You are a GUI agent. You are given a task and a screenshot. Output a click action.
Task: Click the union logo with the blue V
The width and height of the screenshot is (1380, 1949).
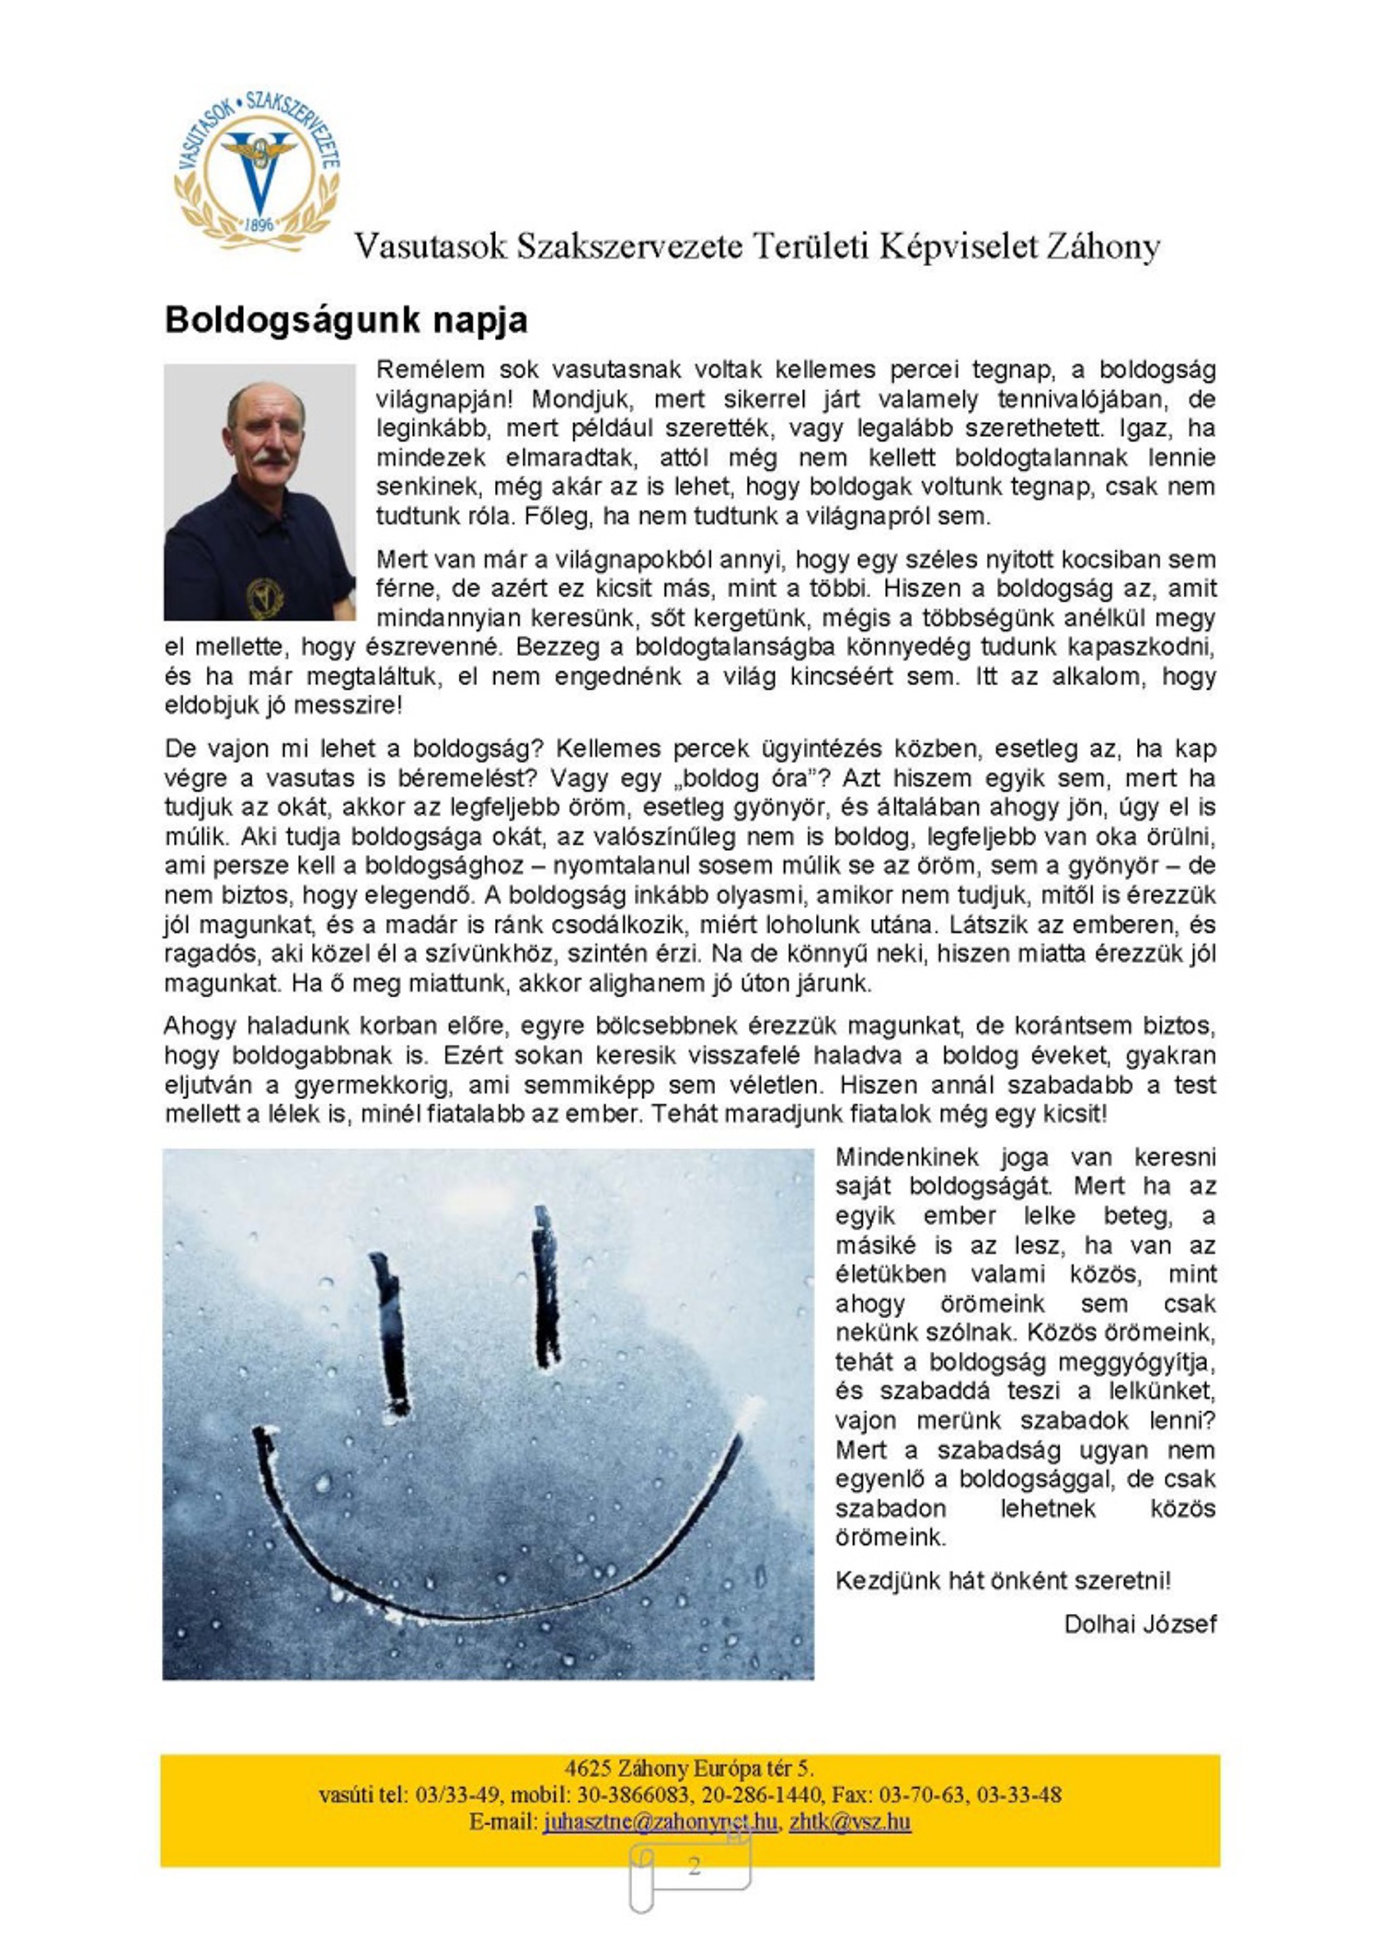258,169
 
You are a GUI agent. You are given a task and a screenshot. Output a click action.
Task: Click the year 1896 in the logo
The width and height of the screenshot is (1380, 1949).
261,223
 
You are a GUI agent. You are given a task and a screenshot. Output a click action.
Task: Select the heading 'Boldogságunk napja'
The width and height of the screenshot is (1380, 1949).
346,319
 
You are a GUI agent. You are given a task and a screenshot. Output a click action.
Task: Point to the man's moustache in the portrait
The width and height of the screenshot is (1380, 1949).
267,456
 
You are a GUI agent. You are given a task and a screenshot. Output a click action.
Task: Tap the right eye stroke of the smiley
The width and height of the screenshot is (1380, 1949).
546,1288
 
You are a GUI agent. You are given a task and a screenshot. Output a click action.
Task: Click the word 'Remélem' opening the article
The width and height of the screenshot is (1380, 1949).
430,370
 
